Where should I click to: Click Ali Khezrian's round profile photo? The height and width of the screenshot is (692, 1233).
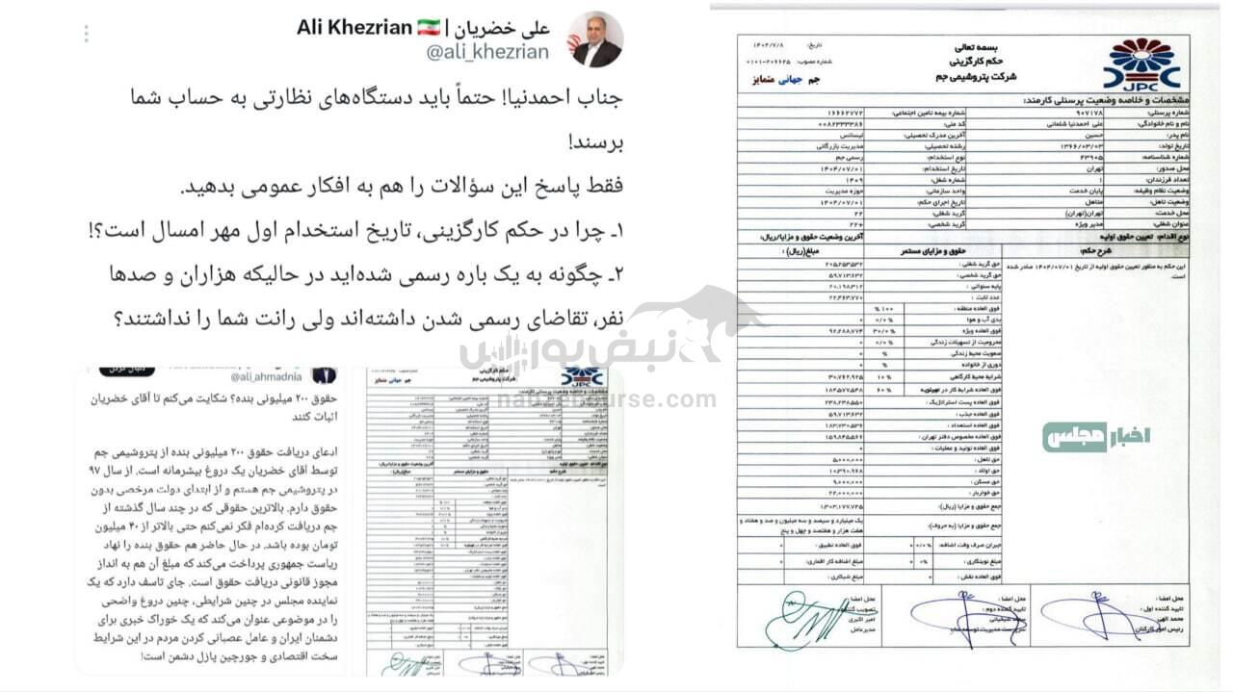(x=595, y=39)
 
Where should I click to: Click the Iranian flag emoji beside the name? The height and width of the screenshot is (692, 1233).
(x=429, y=27)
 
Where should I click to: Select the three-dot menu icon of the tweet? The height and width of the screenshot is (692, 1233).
(x=86, y=34)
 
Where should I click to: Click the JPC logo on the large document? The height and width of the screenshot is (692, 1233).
(x=1141, y=65)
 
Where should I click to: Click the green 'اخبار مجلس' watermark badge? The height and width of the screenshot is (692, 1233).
(x=1095, y=437)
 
